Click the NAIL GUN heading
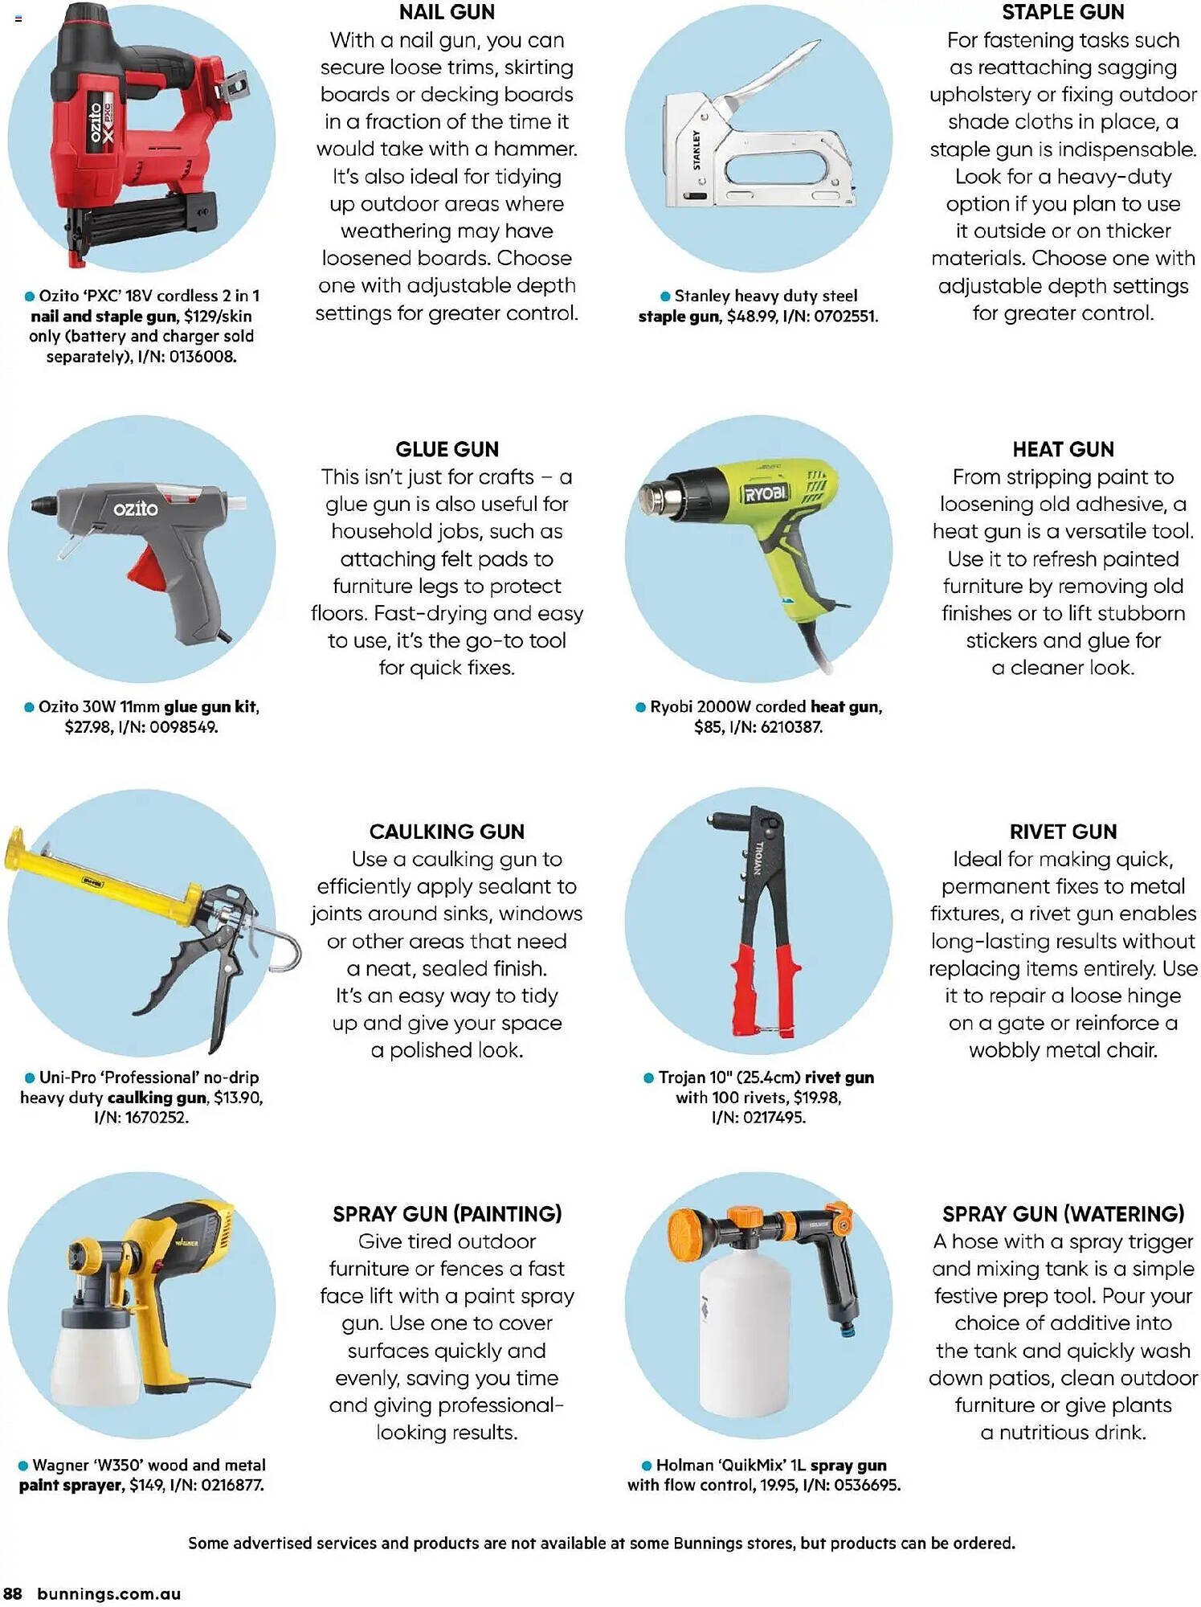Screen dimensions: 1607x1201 pos(447,12)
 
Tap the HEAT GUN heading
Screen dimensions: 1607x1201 pos(1063,449)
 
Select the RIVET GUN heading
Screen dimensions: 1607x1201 pos(1063,832)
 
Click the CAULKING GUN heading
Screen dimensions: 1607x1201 pos(447,832)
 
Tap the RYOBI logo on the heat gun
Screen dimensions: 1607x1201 pos(766,493)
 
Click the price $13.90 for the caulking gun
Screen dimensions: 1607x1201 pos(238,1098)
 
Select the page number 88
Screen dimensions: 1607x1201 pos(13,1594)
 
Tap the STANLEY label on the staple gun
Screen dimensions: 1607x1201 pos(696,149)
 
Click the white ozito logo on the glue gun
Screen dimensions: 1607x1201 pos(135,509)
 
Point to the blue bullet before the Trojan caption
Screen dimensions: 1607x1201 pos(648,1078)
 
